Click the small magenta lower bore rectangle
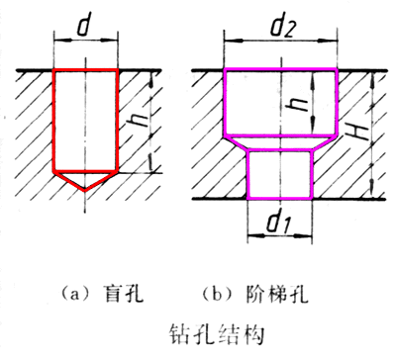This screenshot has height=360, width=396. pos(278,174)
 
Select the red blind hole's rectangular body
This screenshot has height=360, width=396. pos(84,119)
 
